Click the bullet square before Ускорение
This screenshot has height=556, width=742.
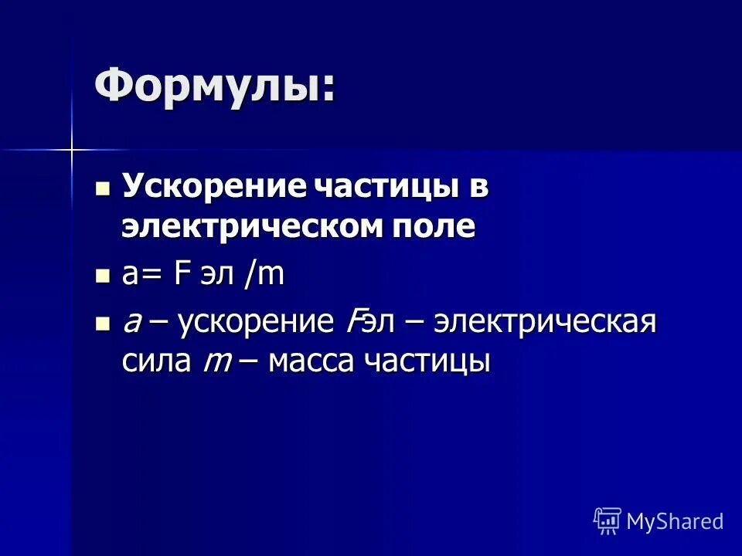[x=102, y=189]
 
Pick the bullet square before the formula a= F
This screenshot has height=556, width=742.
[x=102, y=276]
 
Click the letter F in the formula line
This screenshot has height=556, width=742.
[x=182, y=276]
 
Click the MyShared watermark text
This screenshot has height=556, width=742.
[x=675, y=521]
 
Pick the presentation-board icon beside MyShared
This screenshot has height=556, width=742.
[x=608, y=520]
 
